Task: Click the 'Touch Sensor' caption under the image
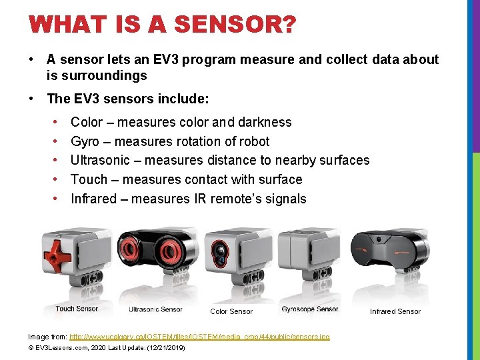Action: (77, 309)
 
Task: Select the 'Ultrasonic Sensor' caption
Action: (155, 309)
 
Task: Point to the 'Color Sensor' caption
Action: (231, 311)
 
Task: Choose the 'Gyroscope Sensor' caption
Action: (310, 309)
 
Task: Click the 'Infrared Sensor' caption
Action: (395, 311)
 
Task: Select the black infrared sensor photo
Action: (390, 257)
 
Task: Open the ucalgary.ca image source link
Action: (199, 337)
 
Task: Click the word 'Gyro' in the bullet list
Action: (85, 141)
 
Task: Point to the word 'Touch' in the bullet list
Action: (89, 179)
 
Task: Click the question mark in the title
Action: (289, 26)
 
